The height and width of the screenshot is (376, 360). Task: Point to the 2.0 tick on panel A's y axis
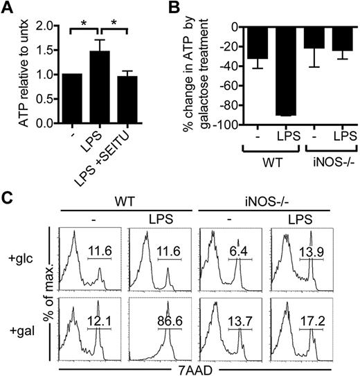point(52,26)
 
